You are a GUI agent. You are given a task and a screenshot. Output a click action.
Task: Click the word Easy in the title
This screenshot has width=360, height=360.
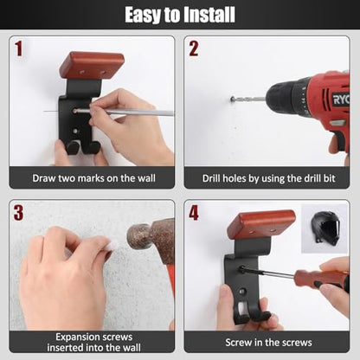coord(143,16)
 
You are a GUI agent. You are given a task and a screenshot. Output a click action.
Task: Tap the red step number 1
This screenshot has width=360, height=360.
coord(19,48)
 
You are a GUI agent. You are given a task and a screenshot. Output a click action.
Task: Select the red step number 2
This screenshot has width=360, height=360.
coord(194,48)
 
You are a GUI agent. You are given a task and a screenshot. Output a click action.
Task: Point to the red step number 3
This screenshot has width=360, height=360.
coord(18,213)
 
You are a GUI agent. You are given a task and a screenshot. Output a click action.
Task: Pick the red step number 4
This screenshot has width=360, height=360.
coord(194,213)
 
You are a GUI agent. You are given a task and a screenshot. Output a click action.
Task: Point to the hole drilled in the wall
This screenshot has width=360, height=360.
coord(233,100)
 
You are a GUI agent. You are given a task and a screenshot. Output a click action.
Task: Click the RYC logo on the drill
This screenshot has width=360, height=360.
coord(341,100)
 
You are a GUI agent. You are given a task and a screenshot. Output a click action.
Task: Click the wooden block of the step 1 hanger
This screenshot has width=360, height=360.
coord(92,66)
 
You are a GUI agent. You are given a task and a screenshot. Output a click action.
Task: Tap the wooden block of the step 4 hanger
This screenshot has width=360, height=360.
coord(261,224)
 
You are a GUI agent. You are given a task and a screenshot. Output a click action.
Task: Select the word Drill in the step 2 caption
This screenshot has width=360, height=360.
coord(211,178)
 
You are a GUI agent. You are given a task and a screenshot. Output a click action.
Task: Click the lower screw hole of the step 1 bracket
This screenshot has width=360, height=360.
coord(75,131)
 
